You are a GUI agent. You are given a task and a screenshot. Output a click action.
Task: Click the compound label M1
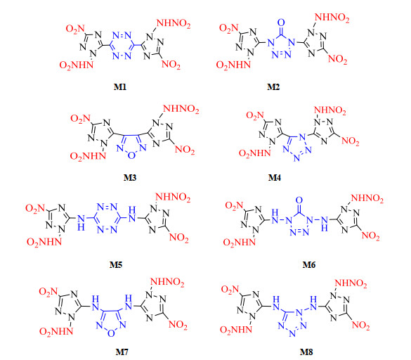coord(120,87)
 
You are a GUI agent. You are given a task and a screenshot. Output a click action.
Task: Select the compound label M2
coord(273,87)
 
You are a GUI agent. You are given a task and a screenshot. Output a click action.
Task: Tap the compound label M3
coord(130,178)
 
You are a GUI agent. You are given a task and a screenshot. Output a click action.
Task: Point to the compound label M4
coord(275,178)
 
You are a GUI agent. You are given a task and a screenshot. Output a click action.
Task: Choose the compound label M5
coord(116,265)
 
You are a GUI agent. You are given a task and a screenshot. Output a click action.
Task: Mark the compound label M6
coord(309,265)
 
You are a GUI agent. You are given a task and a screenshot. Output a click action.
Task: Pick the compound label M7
coord(122,352)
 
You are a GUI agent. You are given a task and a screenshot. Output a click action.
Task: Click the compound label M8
coord(306,352)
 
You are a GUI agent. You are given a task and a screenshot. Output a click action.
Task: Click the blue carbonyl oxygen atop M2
coord(281,22)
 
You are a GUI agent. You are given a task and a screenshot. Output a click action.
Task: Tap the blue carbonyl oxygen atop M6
coord(299,200)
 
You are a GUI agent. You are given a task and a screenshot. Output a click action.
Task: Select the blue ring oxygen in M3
coord(131,155)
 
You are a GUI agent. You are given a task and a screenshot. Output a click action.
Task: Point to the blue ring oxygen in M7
coord(111,333)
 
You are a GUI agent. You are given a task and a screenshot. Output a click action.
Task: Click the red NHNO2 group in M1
coord(174,24)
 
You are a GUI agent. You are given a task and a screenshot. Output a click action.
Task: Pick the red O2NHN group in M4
coord(254,153)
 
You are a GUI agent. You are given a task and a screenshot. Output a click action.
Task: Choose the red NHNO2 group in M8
coord(351,283)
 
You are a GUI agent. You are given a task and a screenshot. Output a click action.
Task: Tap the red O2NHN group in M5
coord(44,242)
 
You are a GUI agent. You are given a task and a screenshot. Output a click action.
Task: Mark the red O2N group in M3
coord(81,119)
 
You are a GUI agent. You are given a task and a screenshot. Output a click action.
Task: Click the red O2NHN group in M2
coord(233,65)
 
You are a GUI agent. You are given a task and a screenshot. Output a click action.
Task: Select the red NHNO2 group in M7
coord(167,283)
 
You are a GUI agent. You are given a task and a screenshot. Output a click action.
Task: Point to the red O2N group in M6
coord(235,205)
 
